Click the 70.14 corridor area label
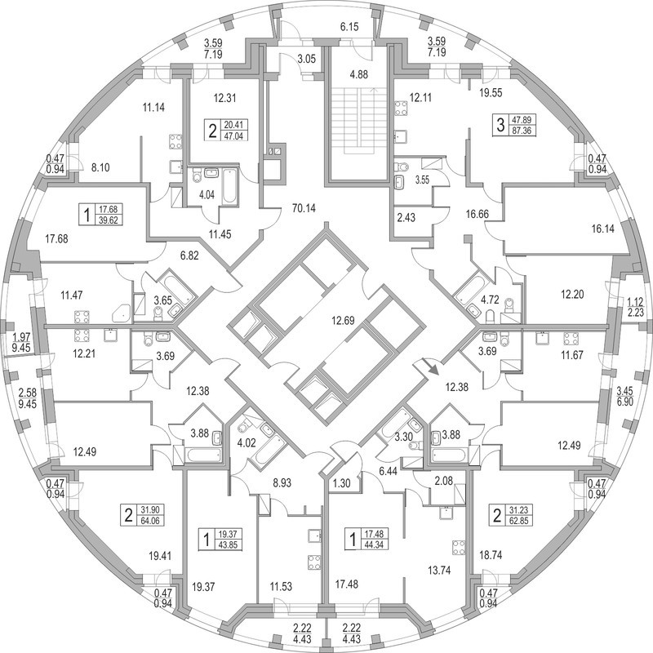(x=304, y=208)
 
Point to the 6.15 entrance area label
(x=349, y=27)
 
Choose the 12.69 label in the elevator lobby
(x=343, y=321)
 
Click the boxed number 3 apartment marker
(x=501, y=125)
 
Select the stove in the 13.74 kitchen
(x=459, y=548)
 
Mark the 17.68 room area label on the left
(x=56, y=239)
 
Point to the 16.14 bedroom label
(x=602, y=229)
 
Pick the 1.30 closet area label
(x=342, y=483)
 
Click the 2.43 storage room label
(x=406, y=217)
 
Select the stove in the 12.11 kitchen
(x=401, y=108)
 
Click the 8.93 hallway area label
(x=282, y=483)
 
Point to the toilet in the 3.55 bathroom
(x=401, y=167)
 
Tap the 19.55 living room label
(x=491, y=93)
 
